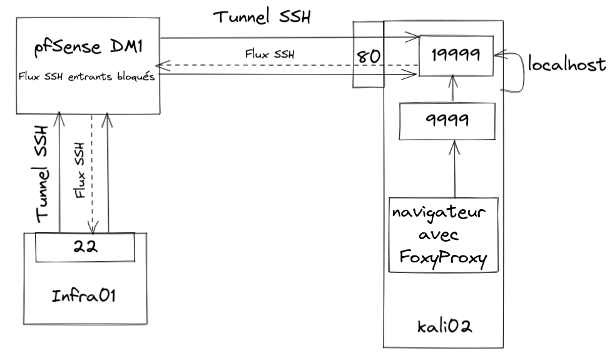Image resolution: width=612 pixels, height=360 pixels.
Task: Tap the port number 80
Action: coord(368,55)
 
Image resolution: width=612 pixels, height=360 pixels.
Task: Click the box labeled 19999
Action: coord(456,55)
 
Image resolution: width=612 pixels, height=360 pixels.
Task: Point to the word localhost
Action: coord(566,64)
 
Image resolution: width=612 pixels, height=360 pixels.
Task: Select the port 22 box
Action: coord(84,247)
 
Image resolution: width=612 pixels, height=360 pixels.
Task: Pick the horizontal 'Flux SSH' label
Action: coord(269,53)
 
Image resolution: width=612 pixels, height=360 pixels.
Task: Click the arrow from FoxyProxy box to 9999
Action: coord(455,169)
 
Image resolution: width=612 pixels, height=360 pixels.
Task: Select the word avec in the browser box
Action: coord(442,235)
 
